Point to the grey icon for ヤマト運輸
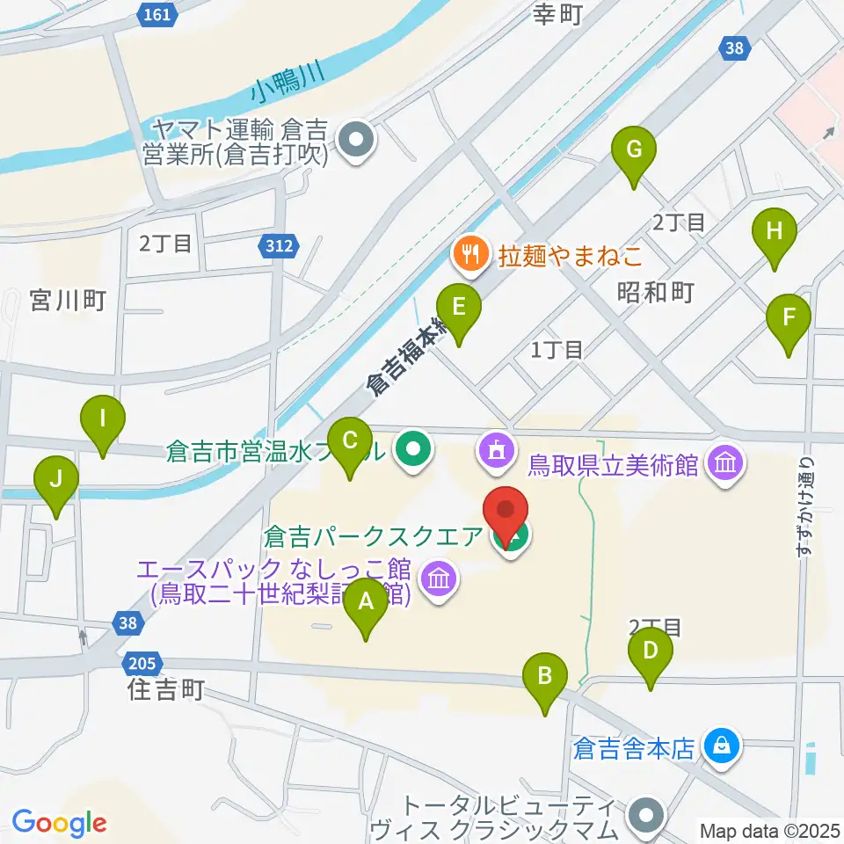tap(357, 141)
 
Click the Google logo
tap(59, 823)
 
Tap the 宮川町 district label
tap(68, 301)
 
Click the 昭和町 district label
tap(656, 293)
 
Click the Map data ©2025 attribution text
tap(769, 829)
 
